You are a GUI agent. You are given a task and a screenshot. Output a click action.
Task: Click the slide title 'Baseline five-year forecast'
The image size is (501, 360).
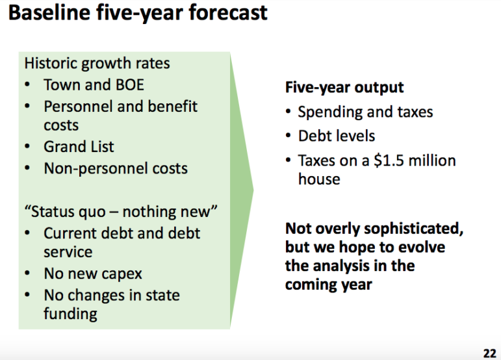pos(138,14)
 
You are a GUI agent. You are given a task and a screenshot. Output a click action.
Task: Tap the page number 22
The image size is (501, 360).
pos(489,354)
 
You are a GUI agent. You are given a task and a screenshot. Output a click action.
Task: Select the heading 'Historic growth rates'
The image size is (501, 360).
pos(97,63)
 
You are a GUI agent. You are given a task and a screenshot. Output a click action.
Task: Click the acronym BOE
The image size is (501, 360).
pos(130,85)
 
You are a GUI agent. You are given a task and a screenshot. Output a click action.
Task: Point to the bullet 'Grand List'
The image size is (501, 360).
pos(79,147)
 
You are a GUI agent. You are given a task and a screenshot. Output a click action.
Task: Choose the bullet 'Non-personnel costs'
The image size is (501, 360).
pos(116,168)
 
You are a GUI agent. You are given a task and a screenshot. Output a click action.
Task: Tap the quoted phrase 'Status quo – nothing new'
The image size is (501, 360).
pos(121,211)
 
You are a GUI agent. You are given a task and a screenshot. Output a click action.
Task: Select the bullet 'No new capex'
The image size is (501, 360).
pos(93,274)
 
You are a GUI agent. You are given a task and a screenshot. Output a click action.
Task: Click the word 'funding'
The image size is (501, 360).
pos(70,313)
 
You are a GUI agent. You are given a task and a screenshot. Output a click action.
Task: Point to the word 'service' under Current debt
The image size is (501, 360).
pos(68,252)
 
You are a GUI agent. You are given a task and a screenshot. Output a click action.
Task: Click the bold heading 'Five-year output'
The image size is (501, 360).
pos(344,88)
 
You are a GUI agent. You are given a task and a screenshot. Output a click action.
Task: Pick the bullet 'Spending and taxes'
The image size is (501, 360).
pos(366,112)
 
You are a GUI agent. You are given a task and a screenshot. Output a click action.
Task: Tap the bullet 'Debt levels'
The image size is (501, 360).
pos(337,136)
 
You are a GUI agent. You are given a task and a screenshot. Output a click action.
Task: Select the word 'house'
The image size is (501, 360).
pos(319,179)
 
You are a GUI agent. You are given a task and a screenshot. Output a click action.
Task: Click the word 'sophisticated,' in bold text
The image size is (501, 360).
pos(413,229)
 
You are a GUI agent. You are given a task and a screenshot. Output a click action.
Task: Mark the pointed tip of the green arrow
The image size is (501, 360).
pos(253,190)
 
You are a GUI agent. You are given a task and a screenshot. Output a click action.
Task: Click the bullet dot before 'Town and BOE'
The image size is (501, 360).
pos(27,85)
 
